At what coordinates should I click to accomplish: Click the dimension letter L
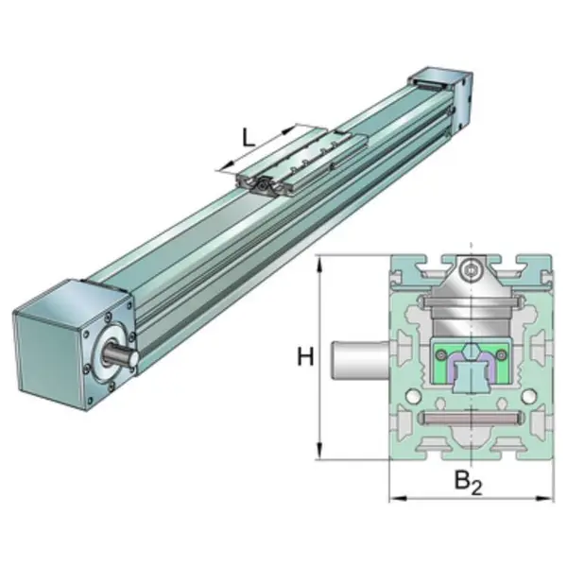point(248,138)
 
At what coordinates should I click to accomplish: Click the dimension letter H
point(305,356)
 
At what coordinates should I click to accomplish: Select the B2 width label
point(469,483)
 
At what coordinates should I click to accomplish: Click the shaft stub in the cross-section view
point(361,359)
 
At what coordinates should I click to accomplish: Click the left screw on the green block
point(440,356)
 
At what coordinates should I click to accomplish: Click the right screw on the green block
point(501,356)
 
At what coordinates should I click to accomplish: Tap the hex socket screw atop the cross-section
point(471,270)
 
